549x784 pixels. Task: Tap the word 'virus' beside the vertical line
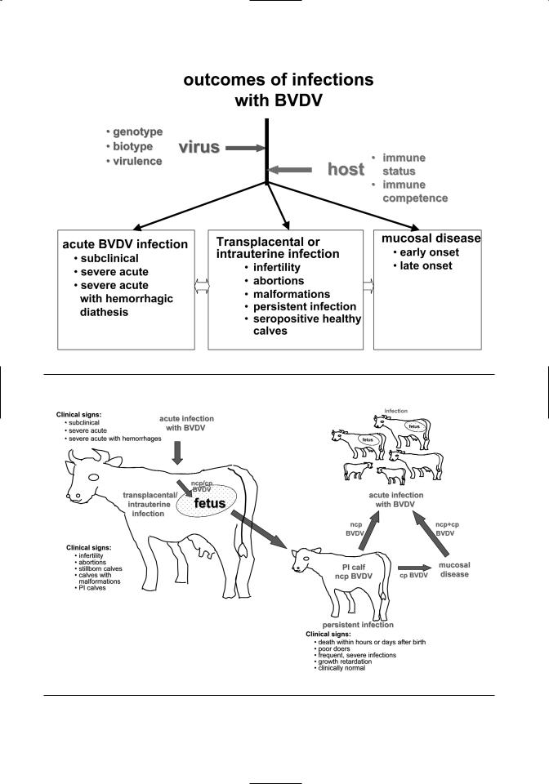click(199, 148)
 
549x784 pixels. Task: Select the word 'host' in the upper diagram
click(345, 169)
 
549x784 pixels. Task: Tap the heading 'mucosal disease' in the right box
click(431, 238)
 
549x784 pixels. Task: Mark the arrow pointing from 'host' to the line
click(291, 170)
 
